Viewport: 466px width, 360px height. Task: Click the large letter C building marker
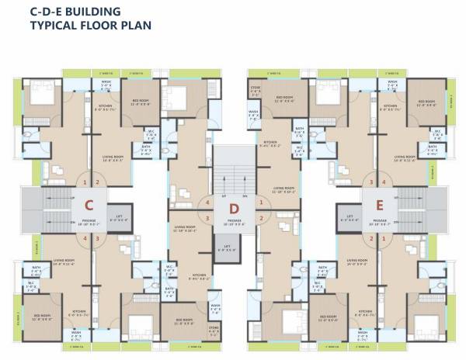89,206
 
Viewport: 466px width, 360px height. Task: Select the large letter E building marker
379,206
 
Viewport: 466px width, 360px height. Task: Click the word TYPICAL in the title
54,25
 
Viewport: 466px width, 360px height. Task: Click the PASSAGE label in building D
234,220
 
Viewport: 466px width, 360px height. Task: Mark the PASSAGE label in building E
380,220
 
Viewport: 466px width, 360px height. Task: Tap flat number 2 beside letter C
97,183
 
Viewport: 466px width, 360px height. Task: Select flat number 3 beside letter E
372,183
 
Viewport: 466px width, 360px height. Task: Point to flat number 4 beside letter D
207,203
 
